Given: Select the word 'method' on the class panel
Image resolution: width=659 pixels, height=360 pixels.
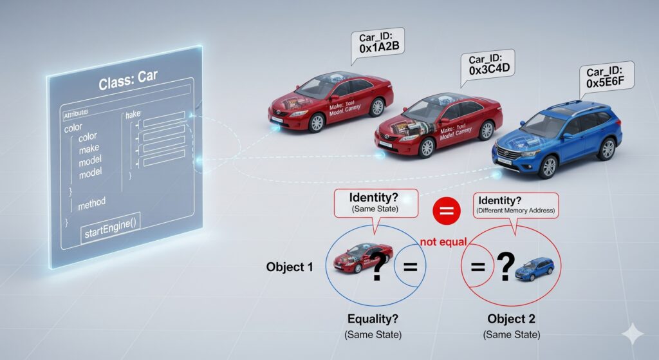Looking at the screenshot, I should pos(91,204).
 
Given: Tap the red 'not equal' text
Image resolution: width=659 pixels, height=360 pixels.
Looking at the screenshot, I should pos(443,242).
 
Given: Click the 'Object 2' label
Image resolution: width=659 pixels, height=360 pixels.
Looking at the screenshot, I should pos(511,319).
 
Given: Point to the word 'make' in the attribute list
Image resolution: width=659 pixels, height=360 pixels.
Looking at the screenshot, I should pos(89,149).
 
